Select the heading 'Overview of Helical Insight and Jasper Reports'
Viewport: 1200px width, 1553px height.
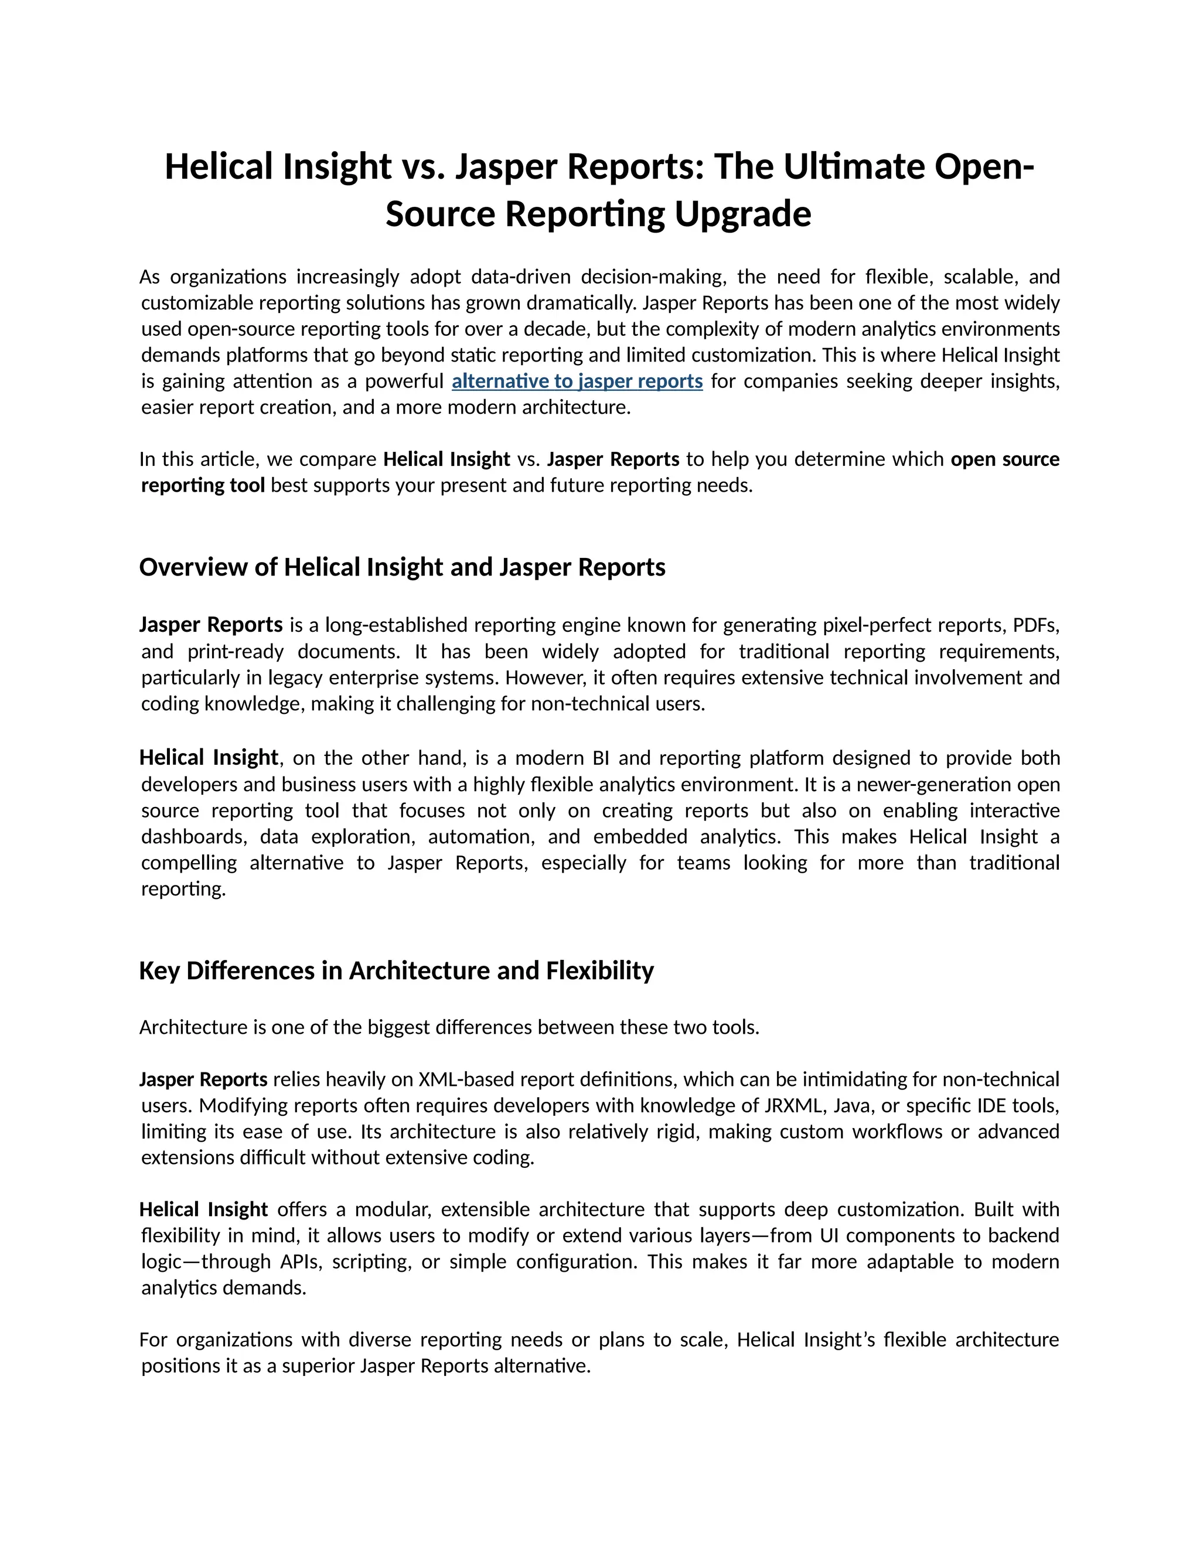[403, 567]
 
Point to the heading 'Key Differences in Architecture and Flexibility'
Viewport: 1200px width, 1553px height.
[396, 970]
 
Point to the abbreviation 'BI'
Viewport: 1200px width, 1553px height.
[601, 758]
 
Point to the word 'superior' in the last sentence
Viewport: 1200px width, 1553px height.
[319, 1366]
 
